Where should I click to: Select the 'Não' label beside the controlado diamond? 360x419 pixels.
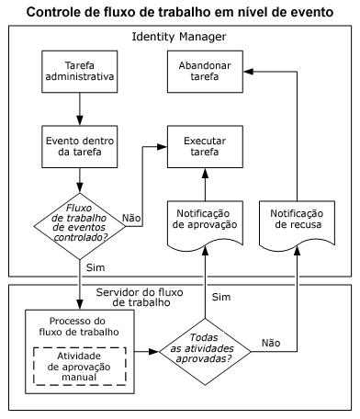click(x=132, y=219)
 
